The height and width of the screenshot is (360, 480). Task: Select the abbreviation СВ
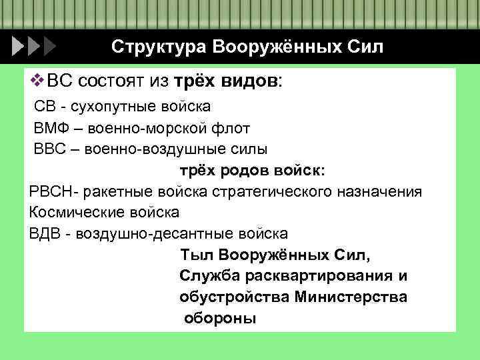point(45,107)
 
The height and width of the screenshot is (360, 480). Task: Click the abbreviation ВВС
point(49,149)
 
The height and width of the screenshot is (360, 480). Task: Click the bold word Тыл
point(197,255)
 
